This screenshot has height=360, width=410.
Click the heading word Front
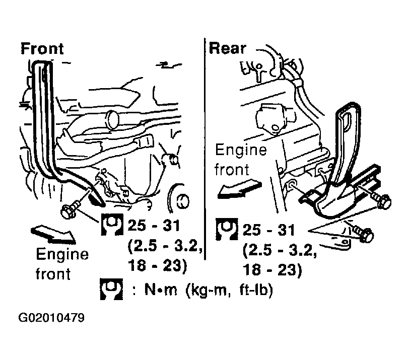(42, 49)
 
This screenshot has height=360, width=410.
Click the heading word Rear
(228, 49)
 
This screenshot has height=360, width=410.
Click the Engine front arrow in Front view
(53, 234)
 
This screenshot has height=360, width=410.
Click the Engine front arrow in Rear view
(239, 189)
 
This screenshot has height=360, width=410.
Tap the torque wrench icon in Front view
(112, 225)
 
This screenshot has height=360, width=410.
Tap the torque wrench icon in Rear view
(227, 229)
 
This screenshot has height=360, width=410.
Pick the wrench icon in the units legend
(111, 289)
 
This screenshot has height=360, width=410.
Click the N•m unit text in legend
(161, 290)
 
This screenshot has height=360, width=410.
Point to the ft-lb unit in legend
(256, 290)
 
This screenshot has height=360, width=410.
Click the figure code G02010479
(51, 318)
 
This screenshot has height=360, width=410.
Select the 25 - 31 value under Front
(154, 226)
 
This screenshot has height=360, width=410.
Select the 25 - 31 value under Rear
(269, 230)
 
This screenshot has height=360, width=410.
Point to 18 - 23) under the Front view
(157, 266)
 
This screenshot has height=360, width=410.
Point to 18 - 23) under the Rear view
(272, 270)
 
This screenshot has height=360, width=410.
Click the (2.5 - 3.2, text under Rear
(280, 251)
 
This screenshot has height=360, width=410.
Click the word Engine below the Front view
(62, 255)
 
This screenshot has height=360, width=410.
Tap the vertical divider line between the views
(204, 149)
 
